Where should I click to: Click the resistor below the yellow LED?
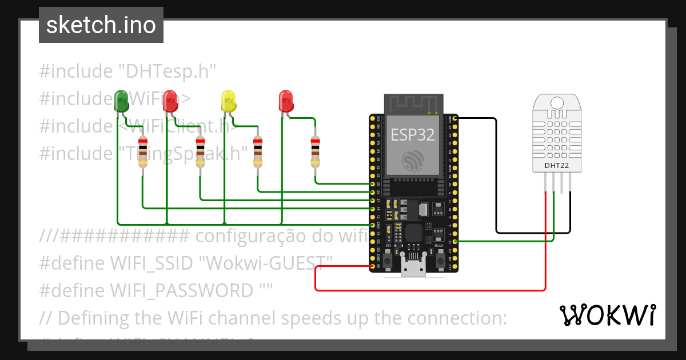(x=258, y=152)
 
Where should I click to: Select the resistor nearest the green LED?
(x=143, y=152)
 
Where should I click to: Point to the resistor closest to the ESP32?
(x=315, y=152)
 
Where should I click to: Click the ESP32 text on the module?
(x=412, y=134)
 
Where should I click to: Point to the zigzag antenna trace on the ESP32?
(x=412, y=103)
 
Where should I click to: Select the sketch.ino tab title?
(x=101, y=25)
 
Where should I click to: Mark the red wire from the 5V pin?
(x=429, y=290)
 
